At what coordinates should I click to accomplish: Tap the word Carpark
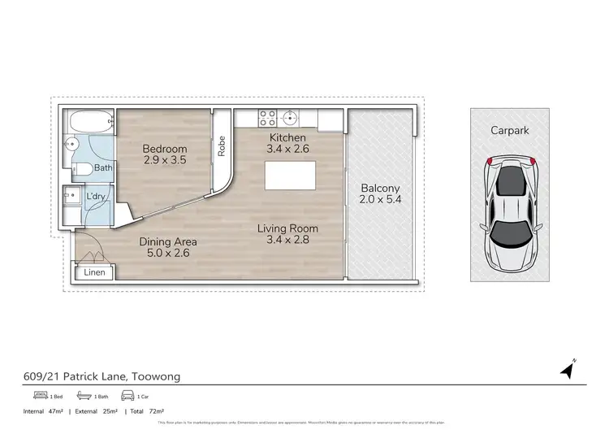point(510,130)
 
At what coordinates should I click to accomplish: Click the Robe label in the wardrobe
point(220,150)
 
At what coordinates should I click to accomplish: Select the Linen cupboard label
point(95,273)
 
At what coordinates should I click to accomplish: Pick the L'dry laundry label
point(97,198)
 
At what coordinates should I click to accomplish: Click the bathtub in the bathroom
point(87,124)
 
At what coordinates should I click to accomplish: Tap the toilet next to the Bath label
point(82,169)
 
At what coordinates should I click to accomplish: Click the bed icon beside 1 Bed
point(41,396)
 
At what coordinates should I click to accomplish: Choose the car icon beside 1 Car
point(127,396)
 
